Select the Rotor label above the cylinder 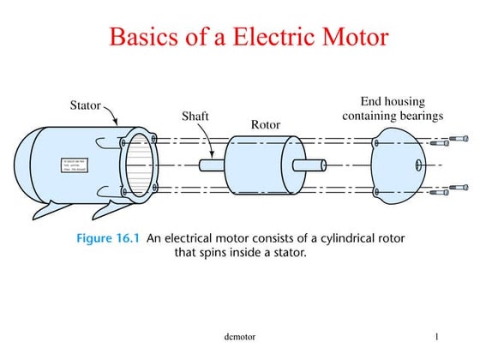tap(266, 125)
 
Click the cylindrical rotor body tap(258, 165)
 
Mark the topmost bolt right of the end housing tap(460, 138)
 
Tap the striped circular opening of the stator tap(139, 165)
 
